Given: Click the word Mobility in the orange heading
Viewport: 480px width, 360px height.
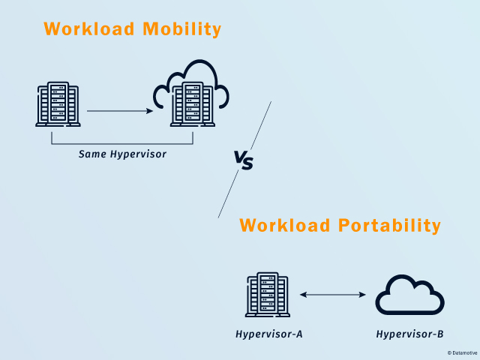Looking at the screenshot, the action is click(181, 30).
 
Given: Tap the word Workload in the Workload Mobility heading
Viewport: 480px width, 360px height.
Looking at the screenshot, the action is click(89, 28).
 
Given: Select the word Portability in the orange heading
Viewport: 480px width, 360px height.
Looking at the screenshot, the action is click(389, 226).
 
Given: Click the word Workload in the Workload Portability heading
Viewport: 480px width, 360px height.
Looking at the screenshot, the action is click(284, 225).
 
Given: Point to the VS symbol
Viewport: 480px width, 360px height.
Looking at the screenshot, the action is click(244, 160).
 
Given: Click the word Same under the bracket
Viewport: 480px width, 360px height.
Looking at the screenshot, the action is click(92, 154).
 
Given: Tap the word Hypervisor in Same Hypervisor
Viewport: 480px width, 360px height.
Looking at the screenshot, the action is click(138, 154).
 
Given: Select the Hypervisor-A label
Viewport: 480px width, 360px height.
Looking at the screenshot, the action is click(269, 334).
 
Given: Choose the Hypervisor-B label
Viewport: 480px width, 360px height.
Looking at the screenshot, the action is click(410, 334).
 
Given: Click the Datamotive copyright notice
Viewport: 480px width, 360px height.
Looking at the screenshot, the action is click(462, 353).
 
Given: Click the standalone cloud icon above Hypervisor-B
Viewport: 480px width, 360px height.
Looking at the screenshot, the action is click(410, 295).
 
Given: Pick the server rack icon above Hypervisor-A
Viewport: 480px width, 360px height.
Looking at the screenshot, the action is click(268, 295).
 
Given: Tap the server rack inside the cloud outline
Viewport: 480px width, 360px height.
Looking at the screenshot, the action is click(193, 104).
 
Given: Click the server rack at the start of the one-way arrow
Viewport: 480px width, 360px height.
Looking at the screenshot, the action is click(58, 104).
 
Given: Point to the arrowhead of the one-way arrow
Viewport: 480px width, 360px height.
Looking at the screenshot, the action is click(149, 111).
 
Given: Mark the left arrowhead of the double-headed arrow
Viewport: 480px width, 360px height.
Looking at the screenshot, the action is click(303, 295).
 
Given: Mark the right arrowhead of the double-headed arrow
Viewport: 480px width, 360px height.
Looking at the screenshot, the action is click(362, 295).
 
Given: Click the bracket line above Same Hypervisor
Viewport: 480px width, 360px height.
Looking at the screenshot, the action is click(122, 143).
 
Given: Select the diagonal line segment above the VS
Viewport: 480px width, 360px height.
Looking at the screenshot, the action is click(261, 125).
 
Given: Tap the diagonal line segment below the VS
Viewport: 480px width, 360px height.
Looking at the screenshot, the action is click(228, 194).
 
